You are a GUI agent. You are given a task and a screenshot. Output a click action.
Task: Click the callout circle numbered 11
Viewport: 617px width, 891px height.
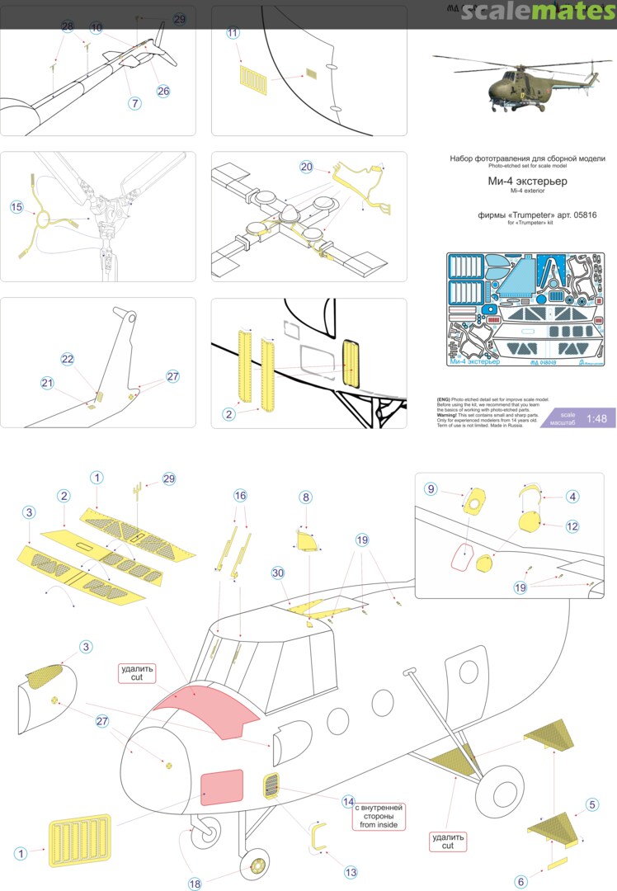click(233, 33)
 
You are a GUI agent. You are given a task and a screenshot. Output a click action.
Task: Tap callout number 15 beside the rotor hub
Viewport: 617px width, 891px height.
click(16, 207)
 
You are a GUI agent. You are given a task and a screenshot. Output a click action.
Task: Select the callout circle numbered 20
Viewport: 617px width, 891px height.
click(307, 167)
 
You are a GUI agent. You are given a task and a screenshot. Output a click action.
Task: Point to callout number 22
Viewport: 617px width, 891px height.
click(68, 359)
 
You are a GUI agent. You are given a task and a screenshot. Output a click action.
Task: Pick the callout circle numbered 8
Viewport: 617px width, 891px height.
click(305, 497)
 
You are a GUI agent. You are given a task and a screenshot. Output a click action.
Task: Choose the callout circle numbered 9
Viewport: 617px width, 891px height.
click(431, 488)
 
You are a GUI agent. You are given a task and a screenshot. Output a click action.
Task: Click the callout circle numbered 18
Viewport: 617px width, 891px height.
click(195, 884)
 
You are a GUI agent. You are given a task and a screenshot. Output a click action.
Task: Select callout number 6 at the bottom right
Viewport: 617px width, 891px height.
click(520, 882)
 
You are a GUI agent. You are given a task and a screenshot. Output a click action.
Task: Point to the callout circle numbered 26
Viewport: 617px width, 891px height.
click(163, 91)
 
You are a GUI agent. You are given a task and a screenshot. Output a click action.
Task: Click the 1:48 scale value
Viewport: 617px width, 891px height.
click(596, 418)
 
